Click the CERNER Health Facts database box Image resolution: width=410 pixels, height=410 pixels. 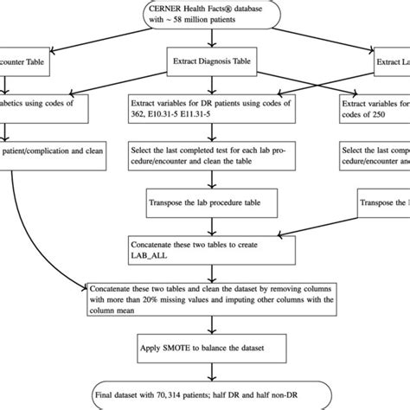pos(204,16)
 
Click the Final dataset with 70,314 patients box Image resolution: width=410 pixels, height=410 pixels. pos(204,392)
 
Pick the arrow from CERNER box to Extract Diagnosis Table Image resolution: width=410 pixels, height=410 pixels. pos(204,40)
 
